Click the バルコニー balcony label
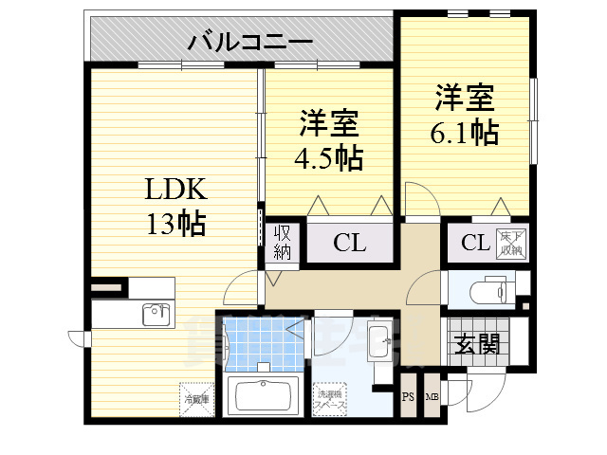250,41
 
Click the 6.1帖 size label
465,133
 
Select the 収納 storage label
284,242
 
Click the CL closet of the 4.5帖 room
349,243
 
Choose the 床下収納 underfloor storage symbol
512,243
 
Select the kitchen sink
155,314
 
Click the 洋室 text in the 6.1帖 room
465,98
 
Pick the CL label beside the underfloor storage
475,243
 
